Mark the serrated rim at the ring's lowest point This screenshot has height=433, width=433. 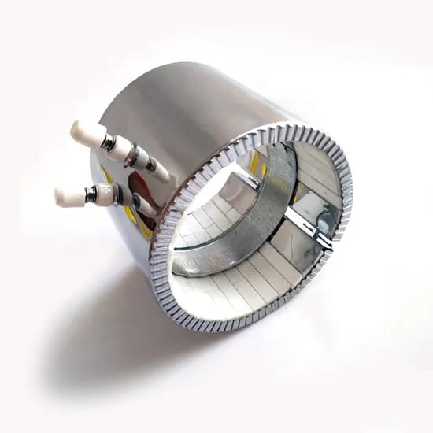click(228, 325)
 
